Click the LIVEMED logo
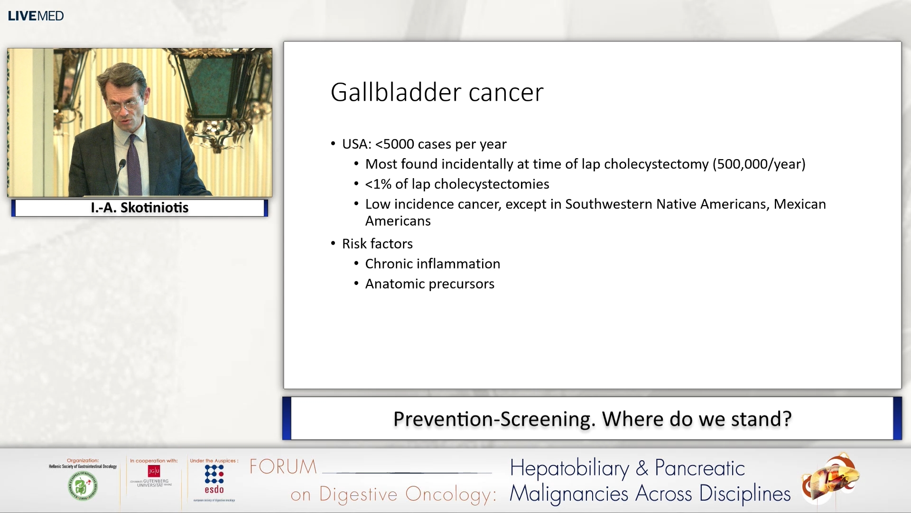click(36, 16)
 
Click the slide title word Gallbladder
click(395, 92)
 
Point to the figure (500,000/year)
click(759, 164)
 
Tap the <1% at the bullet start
click(378, 184)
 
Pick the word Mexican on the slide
click(799, 204)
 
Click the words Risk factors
click(377, 244)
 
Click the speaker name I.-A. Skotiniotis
click(139, 208)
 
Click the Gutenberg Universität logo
click(153, 476)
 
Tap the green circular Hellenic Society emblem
click(83, 486)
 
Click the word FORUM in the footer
click(283, 467)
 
